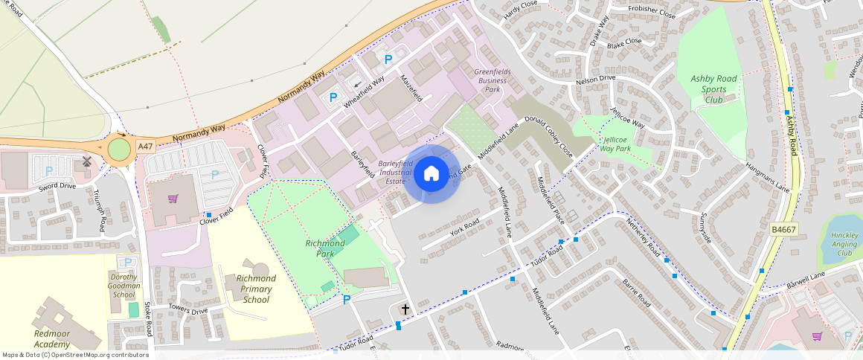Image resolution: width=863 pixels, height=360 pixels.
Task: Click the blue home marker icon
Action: [431, 174]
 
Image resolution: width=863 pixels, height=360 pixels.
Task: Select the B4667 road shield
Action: [784, 231]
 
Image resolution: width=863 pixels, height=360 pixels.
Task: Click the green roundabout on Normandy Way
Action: [119, 150]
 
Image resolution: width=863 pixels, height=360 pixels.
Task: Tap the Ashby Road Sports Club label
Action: [713, 89]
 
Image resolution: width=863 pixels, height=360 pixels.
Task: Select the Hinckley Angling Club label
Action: [844, 242]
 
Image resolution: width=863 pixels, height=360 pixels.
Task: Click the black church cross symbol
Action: [405, 309]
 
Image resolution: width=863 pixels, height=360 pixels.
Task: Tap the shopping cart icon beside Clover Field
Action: [173, 199]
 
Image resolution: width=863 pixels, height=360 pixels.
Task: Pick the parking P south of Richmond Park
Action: [346, 300]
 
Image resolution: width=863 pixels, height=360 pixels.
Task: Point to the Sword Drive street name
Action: [58, 186]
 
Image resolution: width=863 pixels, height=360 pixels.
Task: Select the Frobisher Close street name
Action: [651, 13]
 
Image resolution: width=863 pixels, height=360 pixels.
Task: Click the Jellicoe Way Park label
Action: [615, 144]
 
